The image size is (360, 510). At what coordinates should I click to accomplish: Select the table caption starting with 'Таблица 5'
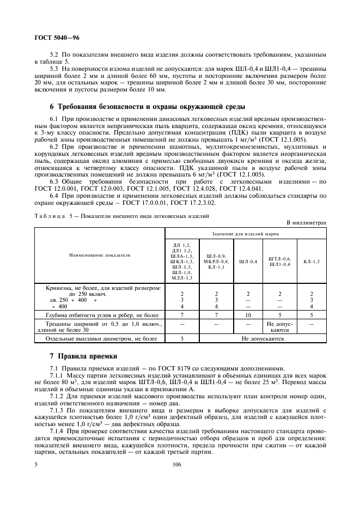[x=122, y=216]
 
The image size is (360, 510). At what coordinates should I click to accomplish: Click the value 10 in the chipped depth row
[x=248, y=315]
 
